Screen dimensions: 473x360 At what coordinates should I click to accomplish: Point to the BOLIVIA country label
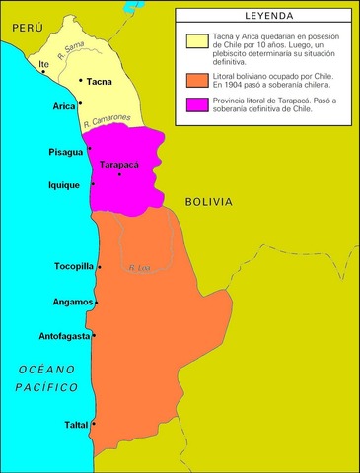click(209, 201)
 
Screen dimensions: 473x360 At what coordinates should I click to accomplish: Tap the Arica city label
click(64, 104)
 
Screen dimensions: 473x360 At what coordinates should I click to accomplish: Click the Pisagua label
click(66, 153)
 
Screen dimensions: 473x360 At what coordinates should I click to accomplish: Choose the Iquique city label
click(66, 184)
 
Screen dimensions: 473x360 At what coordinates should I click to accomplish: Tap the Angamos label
click(74, 303)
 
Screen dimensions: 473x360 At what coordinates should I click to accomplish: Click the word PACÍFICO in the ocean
click(46, 387)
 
